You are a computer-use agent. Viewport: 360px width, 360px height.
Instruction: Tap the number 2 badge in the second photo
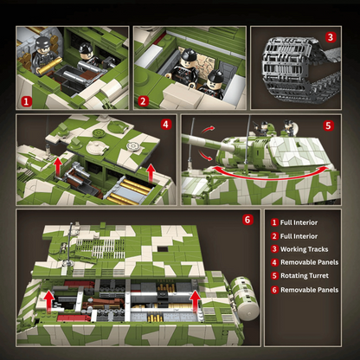(143, 100)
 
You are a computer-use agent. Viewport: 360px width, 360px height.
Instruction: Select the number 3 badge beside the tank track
(330, 37)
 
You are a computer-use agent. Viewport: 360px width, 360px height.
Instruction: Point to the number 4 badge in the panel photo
(164, 125)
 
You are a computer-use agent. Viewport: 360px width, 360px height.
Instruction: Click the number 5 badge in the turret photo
(329, 125)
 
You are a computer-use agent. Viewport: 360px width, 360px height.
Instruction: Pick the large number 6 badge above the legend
(247, 219)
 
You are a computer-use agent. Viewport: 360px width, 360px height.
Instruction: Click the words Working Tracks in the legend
(306, 250)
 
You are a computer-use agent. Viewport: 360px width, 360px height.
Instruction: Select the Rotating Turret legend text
(307, 276)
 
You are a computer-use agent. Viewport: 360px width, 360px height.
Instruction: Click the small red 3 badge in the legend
(274, 250)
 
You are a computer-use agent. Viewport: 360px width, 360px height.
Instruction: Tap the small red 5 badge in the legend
(274, 276)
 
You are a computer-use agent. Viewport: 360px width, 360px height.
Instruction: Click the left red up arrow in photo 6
(50, 300)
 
